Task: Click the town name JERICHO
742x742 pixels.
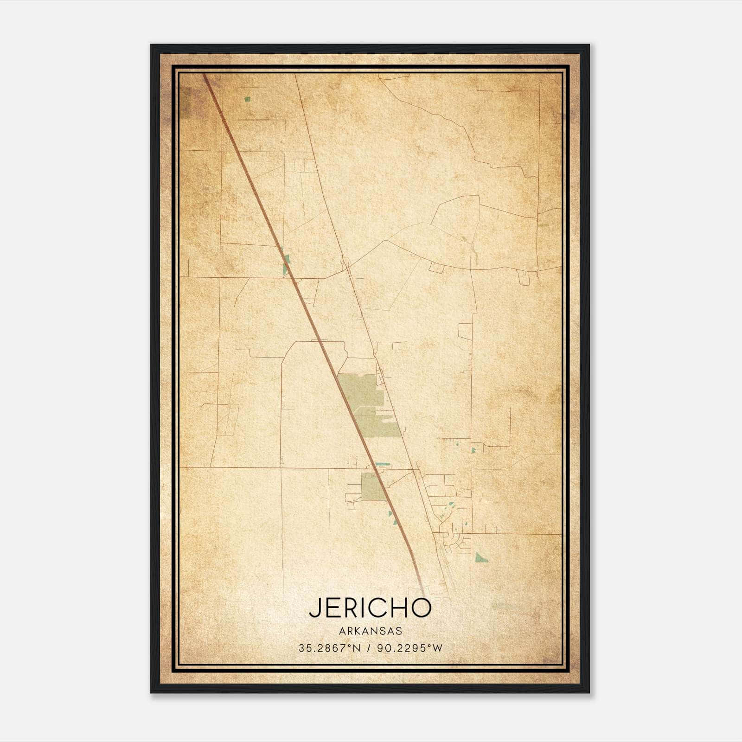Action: click(370, 608)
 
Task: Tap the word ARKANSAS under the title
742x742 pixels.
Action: click(370, 631)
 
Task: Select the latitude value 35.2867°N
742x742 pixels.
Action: click(329, 648)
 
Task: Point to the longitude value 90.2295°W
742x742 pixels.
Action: click(410, 648)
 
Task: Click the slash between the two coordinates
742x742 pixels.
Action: click(369, 648)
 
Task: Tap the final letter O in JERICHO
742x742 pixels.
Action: click(421, 608)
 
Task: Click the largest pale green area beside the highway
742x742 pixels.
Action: click(366, 403)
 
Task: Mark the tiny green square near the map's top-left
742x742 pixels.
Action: click(247, 99)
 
